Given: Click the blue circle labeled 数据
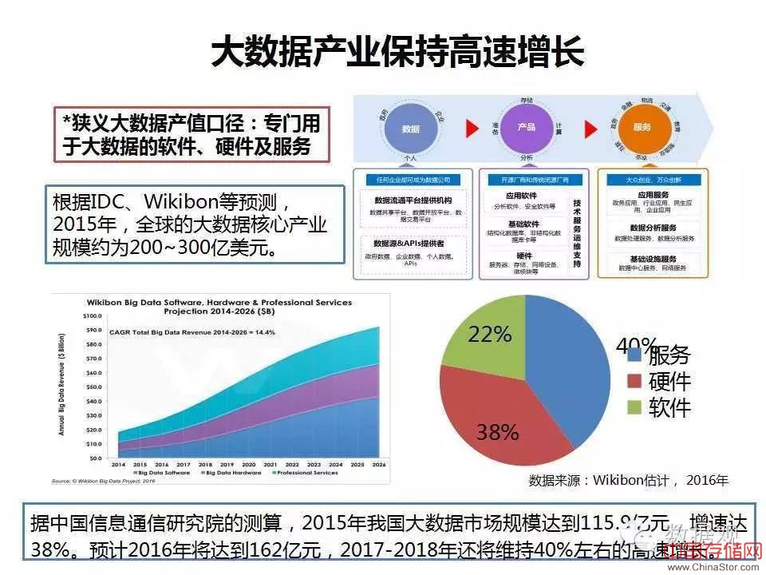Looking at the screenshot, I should click(x=410, y=128).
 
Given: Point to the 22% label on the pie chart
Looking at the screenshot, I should click(x=489, y=335).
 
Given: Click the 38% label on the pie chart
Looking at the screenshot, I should click(x=497, y=432).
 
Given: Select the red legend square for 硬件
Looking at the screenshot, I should click(x=635, y=381).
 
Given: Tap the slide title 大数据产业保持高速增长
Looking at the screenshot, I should click(x=397, y=52).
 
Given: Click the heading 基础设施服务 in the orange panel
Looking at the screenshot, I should click(x=653, y=259).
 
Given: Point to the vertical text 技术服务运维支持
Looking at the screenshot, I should click(x=577, y=236).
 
